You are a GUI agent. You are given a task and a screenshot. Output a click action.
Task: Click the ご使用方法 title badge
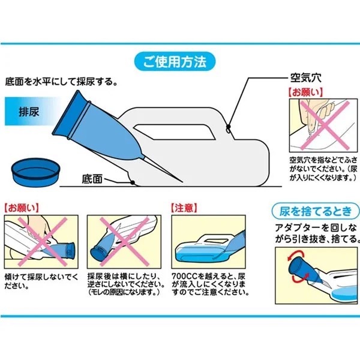pos(175,62)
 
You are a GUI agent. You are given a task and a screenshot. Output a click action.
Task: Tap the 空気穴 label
pos(306,78)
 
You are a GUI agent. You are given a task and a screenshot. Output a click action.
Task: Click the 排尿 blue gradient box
pos(29,112)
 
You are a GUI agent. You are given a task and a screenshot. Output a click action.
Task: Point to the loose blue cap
pos(35,172)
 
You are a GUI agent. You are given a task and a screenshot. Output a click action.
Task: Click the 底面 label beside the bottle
pos(92,179)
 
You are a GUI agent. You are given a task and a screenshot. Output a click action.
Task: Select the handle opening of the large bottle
pos(174,132)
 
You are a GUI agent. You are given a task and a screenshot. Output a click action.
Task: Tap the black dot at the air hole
pos(228,127)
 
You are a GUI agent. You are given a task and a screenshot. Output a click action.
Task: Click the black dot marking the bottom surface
pos(133,182)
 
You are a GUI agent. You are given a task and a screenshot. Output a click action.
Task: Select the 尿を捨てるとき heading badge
pos(316,211)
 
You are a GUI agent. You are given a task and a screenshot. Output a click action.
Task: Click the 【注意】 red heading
pos(184,208)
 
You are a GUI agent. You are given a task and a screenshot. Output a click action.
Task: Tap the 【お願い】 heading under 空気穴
pos(305,92)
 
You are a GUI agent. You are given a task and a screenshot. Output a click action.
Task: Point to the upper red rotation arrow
pos(296,255)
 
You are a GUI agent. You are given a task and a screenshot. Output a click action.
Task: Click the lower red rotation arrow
pos(301,277)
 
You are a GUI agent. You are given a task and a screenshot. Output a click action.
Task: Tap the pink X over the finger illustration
pos(325,125)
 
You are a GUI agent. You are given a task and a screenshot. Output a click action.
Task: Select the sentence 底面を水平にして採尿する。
pos(61,82)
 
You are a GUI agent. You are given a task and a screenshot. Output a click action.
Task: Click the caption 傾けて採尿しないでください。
pos(41,281)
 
